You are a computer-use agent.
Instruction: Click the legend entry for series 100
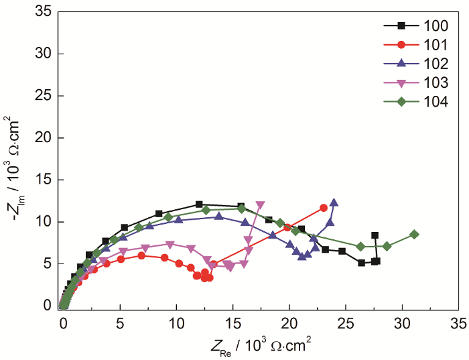(408, 25)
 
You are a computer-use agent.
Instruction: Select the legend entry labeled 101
(408, 45)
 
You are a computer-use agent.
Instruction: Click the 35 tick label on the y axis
(44, 11)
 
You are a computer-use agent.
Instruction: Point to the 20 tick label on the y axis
(44, 137)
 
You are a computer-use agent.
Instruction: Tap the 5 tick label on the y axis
(48, 263)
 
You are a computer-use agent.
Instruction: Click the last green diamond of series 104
(415, 235)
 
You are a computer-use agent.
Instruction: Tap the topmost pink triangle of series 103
(260, 205)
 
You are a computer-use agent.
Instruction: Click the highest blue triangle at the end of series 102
(334, 202)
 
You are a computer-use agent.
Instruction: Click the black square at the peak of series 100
(199, 204)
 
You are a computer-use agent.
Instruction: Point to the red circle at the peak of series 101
(141, 255)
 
